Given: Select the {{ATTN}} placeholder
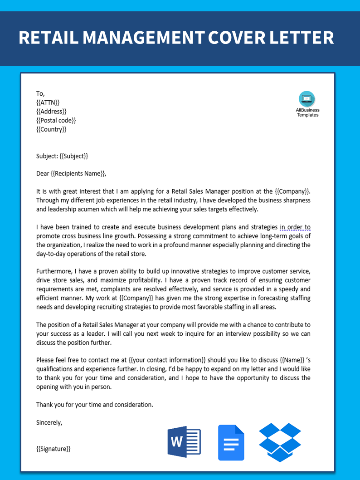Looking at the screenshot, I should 48,103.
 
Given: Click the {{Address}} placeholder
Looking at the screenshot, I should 51,111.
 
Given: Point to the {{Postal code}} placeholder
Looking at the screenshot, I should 56,120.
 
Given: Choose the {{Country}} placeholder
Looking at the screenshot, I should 51,129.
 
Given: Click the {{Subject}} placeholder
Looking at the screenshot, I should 73,156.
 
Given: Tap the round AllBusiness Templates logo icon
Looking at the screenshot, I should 307,99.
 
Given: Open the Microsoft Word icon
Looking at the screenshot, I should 184,441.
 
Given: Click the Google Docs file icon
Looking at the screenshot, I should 231,442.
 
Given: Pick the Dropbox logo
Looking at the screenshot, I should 280,442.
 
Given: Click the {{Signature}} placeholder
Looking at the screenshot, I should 54,449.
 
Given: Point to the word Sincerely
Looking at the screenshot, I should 49,422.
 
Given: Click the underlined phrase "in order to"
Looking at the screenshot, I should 295,227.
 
